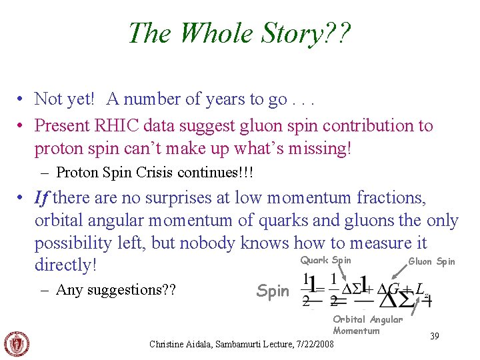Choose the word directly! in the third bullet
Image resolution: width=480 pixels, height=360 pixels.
pos(66,265)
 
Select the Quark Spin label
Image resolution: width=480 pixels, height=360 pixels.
pos(325,260)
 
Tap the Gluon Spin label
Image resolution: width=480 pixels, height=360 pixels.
pos(431,261)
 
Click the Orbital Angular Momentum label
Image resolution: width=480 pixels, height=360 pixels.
pos(367,325)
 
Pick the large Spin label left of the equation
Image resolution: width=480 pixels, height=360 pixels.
pos(273,291)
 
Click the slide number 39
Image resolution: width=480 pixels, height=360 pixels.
pos(433,336)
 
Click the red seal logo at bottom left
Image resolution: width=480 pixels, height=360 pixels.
pos(17,343)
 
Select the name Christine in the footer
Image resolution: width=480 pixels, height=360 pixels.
pos(170,344)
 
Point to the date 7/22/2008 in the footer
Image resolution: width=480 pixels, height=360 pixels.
pos(316,344)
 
